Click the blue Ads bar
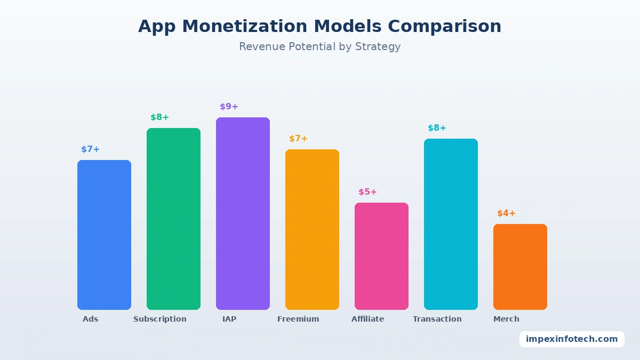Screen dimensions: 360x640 pyautogui.click(x=104, y=235)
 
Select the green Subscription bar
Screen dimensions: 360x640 pyautogui.click(x=173, y=219)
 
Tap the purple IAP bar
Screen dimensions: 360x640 pyautogui.click(x=243, y=213)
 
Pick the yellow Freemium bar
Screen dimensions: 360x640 pyautogui.click(x=312, y=229)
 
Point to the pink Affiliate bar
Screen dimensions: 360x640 pyautogui.click(x=381, y=256)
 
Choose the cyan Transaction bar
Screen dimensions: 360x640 pyautogui.click(x=451, y=224)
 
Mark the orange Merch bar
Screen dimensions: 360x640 pyautogui.click(x=520, y=267)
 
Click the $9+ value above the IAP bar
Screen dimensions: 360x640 pyautogui.click(x=229, y=107)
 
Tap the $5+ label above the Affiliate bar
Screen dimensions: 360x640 pyautogui.click(x=367, y=192)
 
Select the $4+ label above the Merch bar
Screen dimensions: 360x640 pyautogui.click(x=506, y=213)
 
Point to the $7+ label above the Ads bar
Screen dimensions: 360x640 pyautogui.click(x=90, y=149)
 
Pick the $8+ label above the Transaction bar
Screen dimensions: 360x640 pyautogui.click(x=437, y=128)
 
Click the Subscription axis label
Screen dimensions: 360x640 pyautogui.click(x=160, y=319)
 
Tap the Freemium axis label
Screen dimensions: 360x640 pyautogui.click(x=298, y=319)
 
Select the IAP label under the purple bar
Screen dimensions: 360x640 pyautogui.click(x=229, y=319)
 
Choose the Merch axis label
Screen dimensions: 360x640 pyautogui.click(x=506, y=319)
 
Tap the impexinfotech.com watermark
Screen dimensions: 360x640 pyautogui.click(x=572, y=339)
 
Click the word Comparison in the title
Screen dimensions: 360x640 pyautogui.click(x=445, y=26)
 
